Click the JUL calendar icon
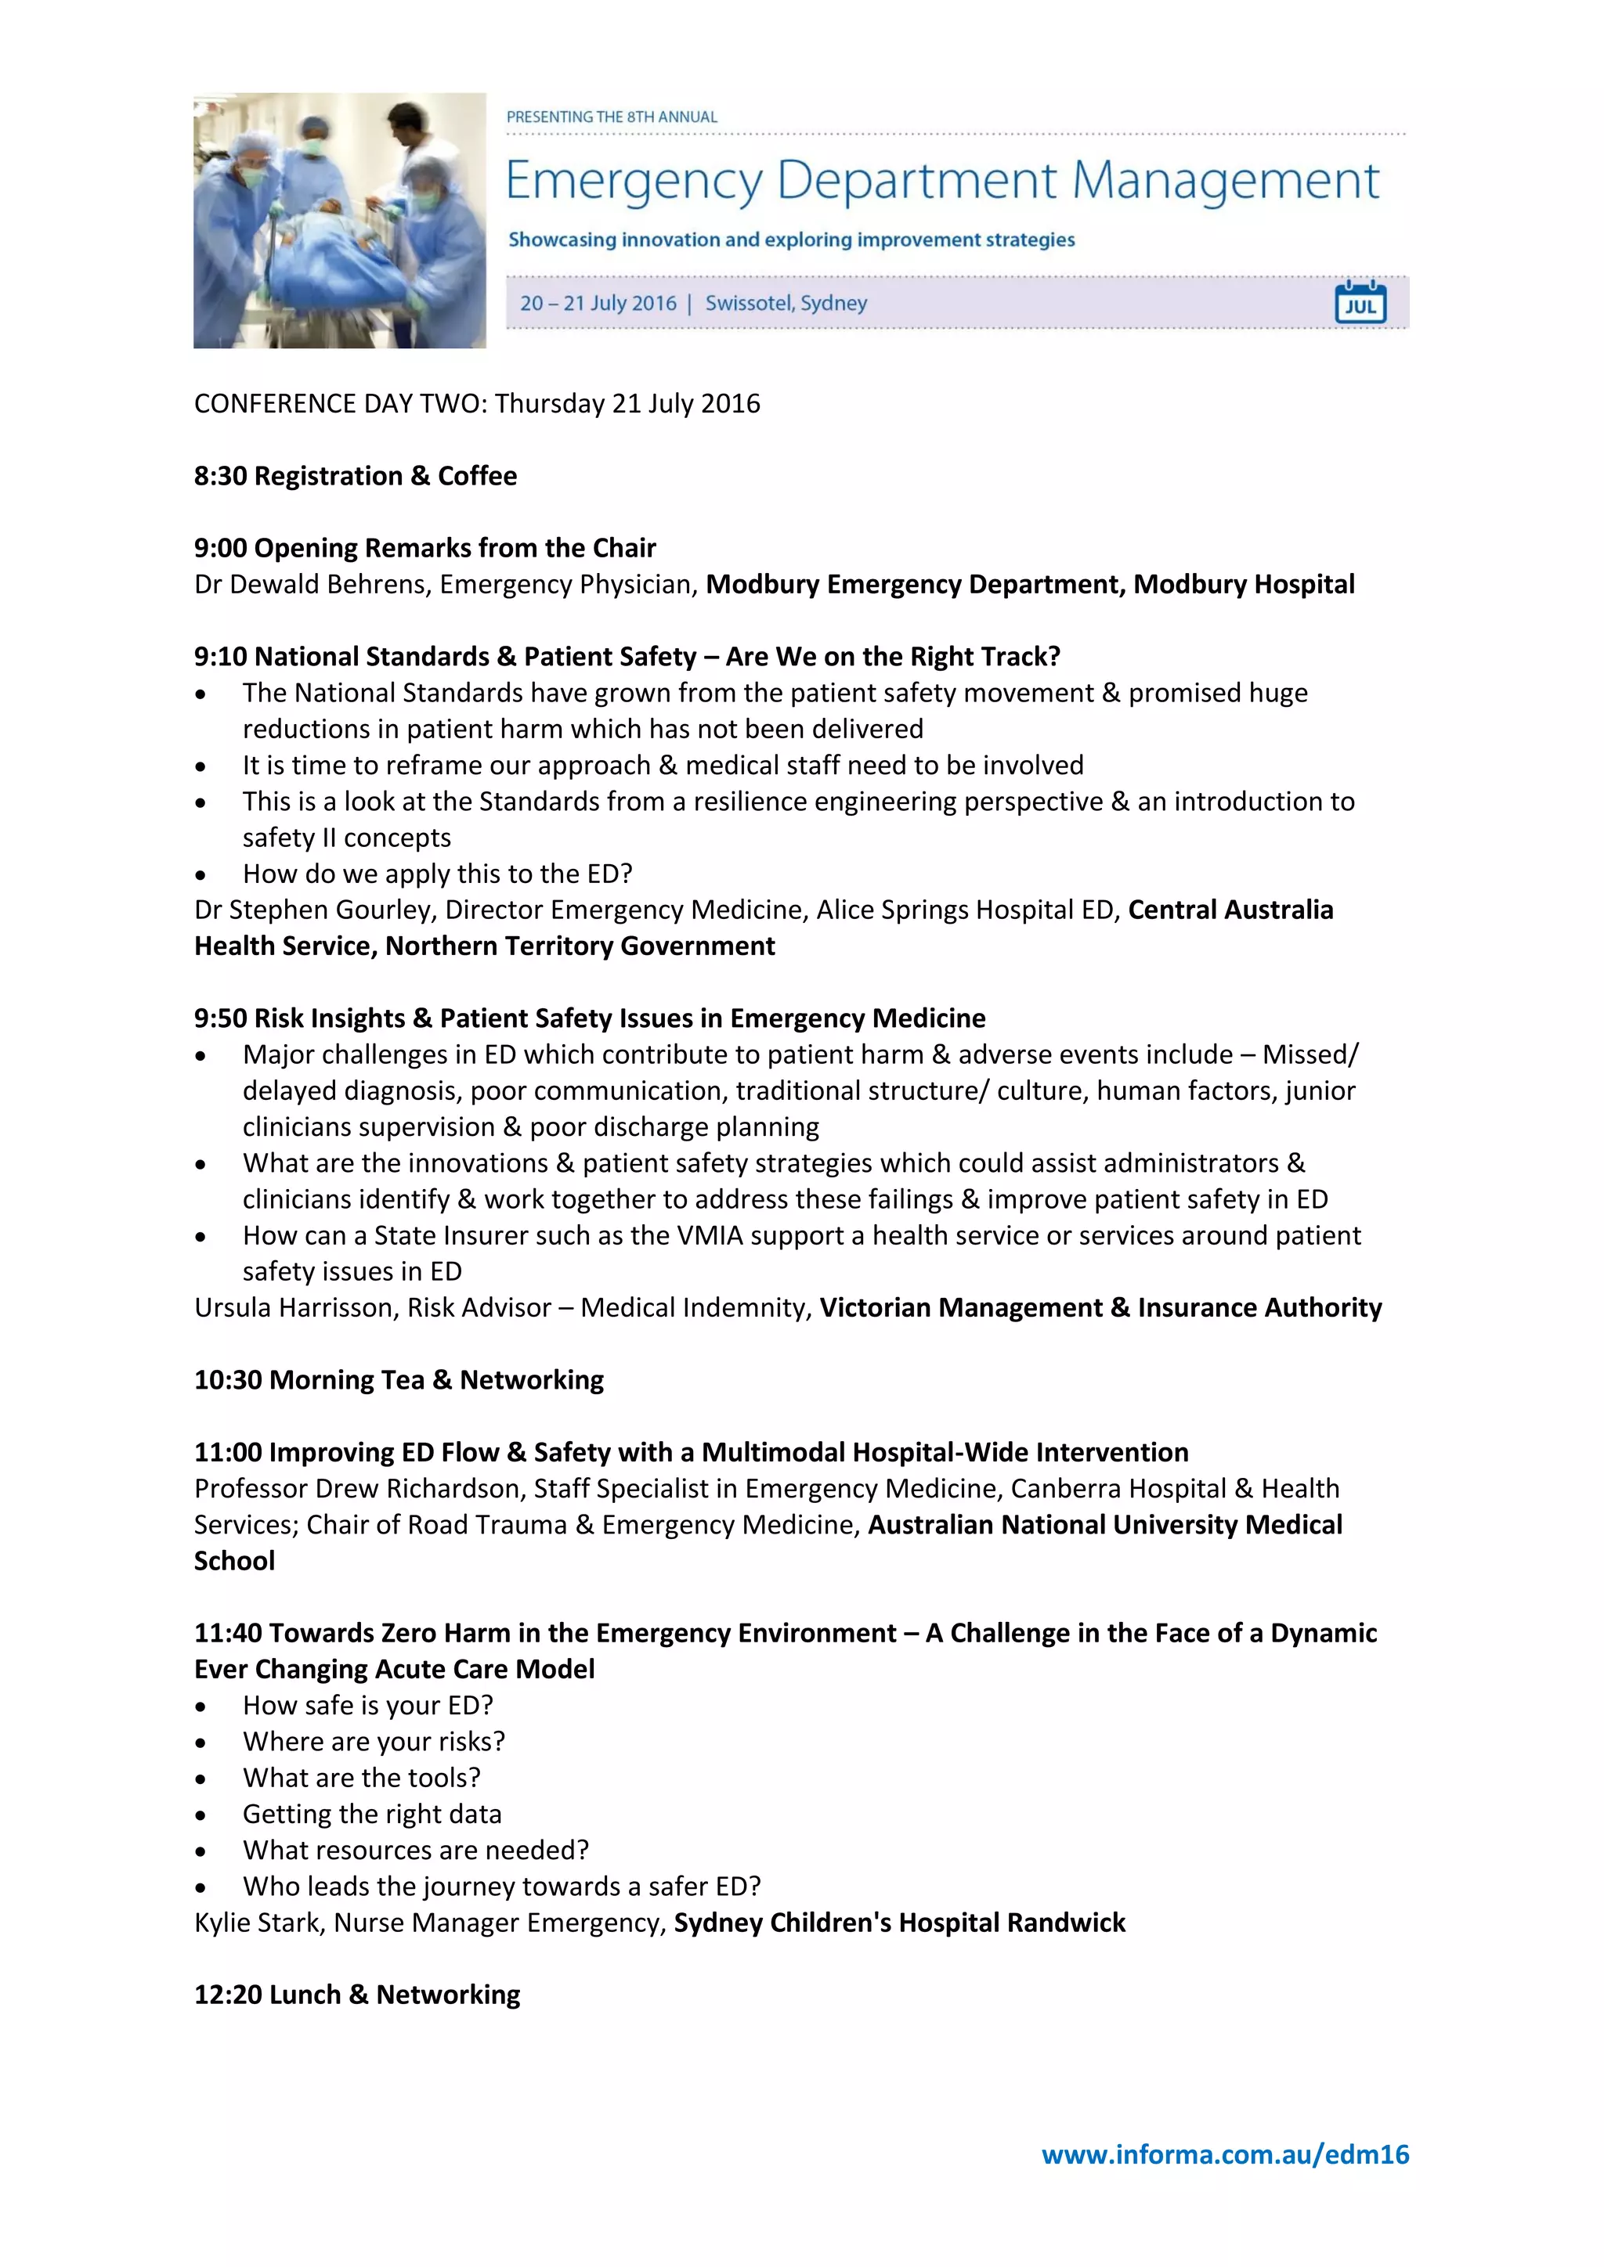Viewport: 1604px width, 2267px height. pyautogui.click(x=1360, y=302)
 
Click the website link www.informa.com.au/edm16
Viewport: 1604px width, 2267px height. pyautogui.click(x=1225, y=2154)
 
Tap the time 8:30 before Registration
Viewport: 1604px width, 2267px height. pyautogui.click(x=220, y=476)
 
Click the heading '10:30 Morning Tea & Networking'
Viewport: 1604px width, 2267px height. pyautogui.click(x=398, y=1379)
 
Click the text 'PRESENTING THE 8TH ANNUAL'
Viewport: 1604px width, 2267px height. pyautogui.click(x=612, y=117)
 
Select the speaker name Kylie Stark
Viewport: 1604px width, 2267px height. pyautogui.click(x=258, y=1923)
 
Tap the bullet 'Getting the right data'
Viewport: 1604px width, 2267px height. pyautogui.click(x=371, y=1814)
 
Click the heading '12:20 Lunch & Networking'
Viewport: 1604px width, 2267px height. pyautogui.click(x=356, y=1995)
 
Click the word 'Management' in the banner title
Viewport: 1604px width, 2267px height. pyautogui.click(x=1225, y=181)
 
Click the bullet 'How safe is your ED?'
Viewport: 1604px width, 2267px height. pyautogui.click(x=367, y=1705)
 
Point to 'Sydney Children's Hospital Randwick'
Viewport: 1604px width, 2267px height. pyautogui.click(x=899, y=1923)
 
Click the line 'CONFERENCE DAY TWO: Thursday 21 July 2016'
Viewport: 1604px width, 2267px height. pyautogui.click(x=477, y=404)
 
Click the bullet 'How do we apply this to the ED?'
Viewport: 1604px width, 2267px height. pyautogui.click(x=436, y=874)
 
